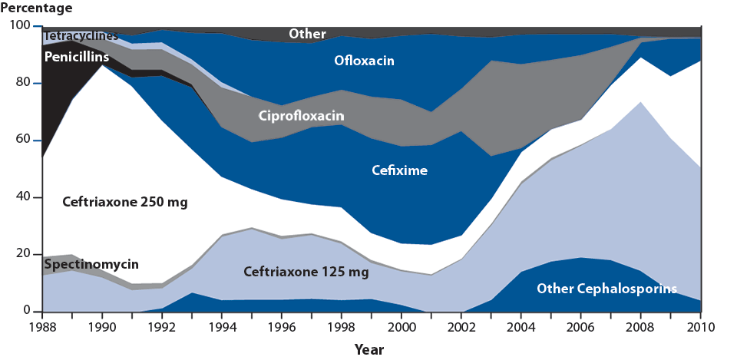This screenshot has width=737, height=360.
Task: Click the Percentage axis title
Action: (38, 8)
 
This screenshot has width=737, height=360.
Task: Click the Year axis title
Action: (369, 349)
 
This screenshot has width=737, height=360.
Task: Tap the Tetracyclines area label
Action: (81, 36)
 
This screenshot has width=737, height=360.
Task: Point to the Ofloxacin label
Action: (364, 60)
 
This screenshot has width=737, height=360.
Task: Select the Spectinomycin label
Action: (91, 264)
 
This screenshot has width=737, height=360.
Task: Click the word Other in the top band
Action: (307, 35)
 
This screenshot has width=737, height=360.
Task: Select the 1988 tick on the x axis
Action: (42, 329)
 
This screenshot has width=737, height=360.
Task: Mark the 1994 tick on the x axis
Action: (221, 329)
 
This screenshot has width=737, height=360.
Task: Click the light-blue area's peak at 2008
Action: (640, 102)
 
